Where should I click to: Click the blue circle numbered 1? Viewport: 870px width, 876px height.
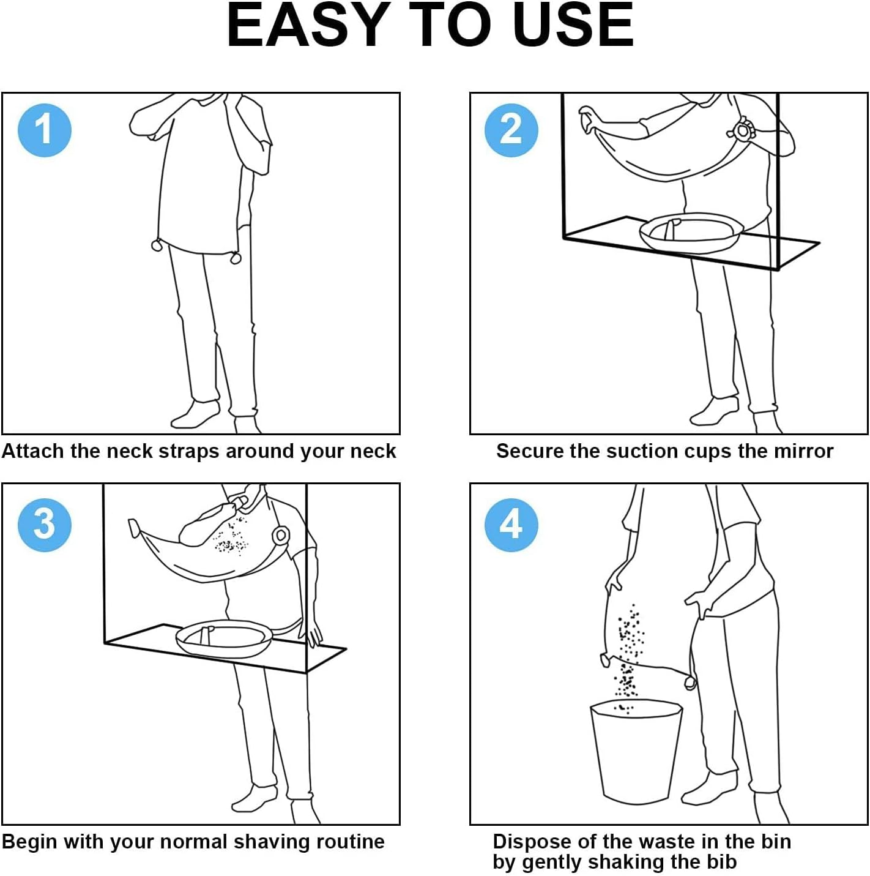44,130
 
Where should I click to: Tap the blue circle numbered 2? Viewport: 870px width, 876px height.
511,130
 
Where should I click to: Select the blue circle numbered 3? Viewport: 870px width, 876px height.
44,525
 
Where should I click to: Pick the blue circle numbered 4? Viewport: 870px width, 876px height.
511,525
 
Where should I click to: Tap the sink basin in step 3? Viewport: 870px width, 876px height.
225,638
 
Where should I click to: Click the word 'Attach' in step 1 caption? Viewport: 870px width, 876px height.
32,451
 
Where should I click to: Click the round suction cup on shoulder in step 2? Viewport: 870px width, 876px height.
742,130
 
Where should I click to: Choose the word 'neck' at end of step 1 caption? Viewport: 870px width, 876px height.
373,451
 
